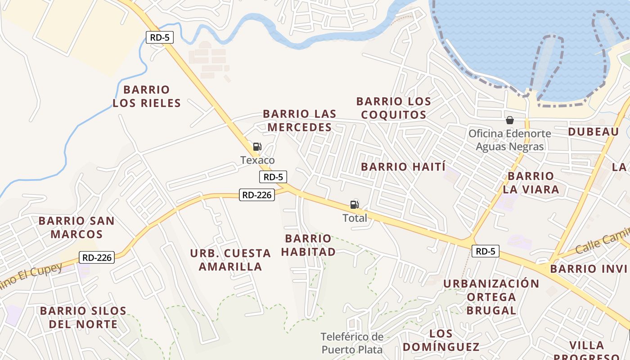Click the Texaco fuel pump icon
pos(257,147)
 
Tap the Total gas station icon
pos(355,205)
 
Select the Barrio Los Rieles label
pos(147,96)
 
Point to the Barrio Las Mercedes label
pos(299,121)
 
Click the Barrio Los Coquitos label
pos(394,108)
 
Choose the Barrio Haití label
pos(403,167)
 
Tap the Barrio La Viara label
pos(531,183)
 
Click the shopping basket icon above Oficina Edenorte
pos(510,120)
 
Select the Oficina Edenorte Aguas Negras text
pos(510,140)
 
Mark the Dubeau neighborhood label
pos(594,132)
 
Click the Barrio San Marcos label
pos(76,228)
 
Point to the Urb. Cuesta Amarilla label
pos(230,260)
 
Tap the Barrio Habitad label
pos(309,245)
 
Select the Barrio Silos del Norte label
pos(83,317)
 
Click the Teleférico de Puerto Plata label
pos(352,343)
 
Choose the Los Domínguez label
pos(441,340)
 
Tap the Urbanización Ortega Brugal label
pos(491,297)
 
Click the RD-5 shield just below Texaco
pos(273,177)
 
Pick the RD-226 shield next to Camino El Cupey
pos(97,257)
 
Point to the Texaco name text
pos(257,160)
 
